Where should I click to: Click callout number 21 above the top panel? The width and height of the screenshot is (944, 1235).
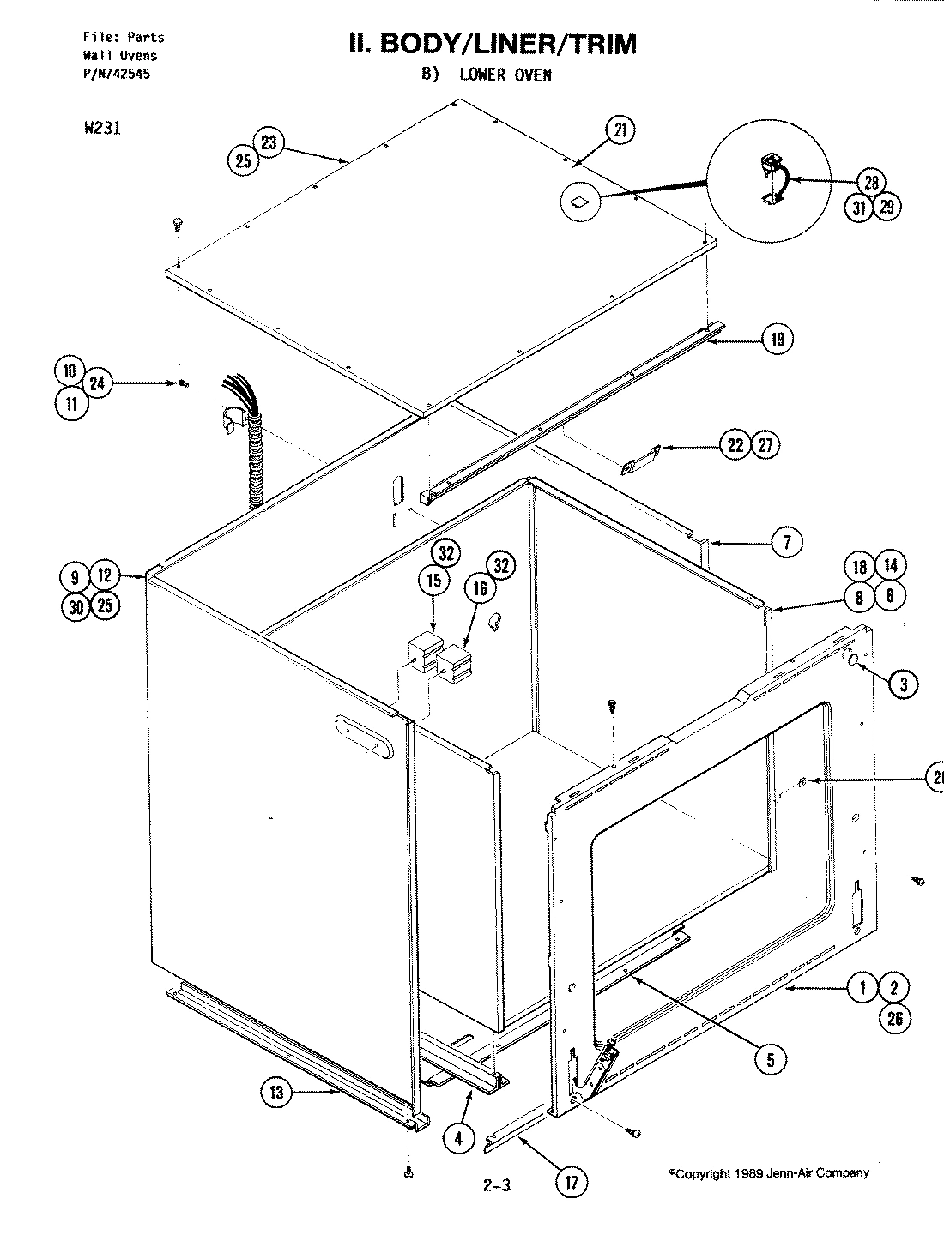(620, 130)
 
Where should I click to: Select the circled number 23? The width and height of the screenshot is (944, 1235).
(269, 142)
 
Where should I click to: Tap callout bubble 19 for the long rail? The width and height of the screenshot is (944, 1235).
(777, 340)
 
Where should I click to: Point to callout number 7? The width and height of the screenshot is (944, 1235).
(787, 541)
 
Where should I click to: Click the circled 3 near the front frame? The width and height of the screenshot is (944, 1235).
(902, 683)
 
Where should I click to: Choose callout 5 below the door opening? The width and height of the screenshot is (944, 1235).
(770, 1060)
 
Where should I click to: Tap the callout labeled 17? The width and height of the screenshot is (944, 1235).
(571, 1183)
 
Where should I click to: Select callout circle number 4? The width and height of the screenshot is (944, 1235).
(458, 1138)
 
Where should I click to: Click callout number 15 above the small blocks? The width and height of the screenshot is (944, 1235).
(433, 581)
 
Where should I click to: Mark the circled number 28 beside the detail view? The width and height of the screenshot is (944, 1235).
(872, 182)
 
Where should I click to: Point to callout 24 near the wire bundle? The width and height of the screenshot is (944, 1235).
(97, 383)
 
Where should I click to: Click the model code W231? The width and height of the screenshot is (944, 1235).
(102, 130)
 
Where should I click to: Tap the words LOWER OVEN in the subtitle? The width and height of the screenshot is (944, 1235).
(505, 75)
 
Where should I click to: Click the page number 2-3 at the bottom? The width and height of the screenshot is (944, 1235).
(497, 1187)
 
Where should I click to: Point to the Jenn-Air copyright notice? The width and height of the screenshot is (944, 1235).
(768, 1173)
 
